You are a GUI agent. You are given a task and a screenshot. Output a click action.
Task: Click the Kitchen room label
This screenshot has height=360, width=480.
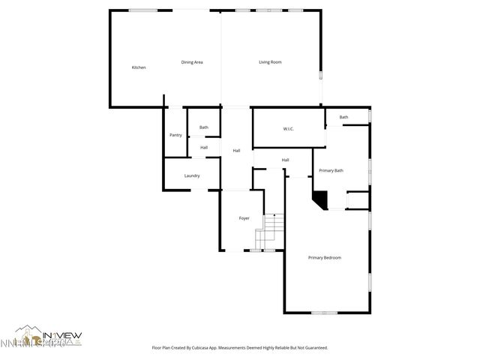pos(139,67)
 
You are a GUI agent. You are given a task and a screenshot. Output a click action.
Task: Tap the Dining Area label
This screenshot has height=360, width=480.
pos(192,61)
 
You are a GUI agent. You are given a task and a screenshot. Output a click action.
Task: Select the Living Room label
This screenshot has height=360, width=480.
pos(270,61)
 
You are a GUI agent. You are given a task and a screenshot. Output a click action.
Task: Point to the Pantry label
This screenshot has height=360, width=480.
pos(175,135)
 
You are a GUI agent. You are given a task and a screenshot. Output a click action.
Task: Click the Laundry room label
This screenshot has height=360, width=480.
pos(192,175)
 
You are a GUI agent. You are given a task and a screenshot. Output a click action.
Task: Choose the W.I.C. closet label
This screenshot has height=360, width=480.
pos(288,129)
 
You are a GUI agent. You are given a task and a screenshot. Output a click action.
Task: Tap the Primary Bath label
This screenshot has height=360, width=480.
pos(331,171)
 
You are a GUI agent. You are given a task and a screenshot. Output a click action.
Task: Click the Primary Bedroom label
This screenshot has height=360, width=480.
pos(325,258)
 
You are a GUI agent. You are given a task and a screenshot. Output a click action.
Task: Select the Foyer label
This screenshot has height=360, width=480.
pos(244,218)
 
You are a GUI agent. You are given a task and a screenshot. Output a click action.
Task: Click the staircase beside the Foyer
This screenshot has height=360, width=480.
pos(272,231)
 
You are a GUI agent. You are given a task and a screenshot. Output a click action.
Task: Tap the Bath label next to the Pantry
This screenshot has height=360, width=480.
pos(203,127)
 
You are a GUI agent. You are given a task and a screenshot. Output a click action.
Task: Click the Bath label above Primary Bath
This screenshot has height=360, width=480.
pos(343,117)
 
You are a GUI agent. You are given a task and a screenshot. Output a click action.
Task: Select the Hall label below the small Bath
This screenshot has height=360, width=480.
pos(203,147)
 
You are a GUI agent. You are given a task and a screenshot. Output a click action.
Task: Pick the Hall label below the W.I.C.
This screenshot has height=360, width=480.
pos(286,160)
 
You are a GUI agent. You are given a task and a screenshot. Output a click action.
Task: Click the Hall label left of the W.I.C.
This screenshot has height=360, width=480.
pos(236,151)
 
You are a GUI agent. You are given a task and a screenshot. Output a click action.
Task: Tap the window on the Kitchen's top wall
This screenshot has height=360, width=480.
pos(142,10)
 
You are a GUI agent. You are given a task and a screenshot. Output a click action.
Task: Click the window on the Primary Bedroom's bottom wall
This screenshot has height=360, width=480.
pos(324,312)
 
